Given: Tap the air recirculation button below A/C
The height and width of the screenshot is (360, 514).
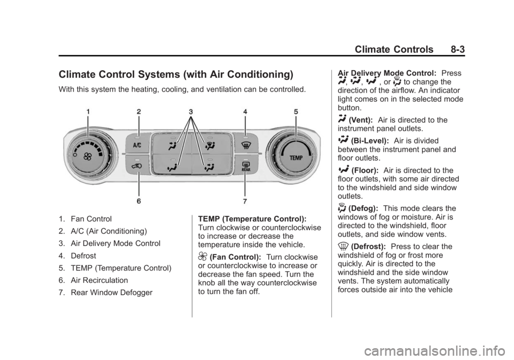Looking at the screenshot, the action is pyautogui.click(x=138, y=167).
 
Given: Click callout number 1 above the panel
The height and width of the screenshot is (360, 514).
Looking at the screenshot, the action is pyautogui.click(x=88, y=112).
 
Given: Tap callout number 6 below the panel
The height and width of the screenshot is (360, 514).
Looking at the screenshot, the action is pyautogui.click(x=139, y=201).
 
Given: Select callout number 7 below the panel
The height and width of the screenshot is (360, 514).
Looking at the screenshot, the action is pyautogui.click(x=245, y=201).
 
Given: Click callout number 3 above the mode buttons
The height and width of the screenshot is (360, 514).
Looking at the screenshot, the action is pyautogui.click(x=191, y=112).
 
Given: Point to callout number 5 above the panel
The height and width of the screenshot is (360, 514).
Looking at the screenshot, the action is pyautogui.click(x=296, y=112).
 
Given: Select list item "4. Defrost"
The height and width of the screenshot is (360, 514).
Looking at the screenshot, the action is pyautogui.click(x=77, y=256).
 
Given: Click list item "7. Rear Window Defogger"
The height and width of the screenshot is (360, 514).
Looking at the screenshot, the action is pyautogui.click(x=105, y=292).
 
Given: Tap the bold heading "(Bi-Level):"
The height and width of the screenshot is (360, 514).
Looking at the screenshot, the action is pyautogui.click(x=370, y=141).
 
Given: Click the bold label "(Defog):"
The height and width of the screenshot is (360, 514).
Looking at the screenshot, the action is pyautogui.click(x=363, y=208).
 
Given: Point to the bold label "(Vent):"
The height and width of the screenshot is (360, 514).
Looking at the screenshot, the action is pyautogui.click(x=360, y=121).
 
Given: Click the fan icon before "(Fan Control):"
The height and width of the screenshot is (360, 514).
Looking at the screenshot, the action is pyautogui.click(x=203, y=257).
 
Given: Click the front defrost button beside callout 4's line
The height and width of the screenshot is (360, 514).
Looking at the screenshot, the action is pyautogui.click(x=246, y=144).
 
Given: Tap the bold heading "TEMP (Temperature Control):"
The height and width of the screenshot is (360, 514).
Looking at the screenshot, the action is pyautogui.click(x=252, y=219).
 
